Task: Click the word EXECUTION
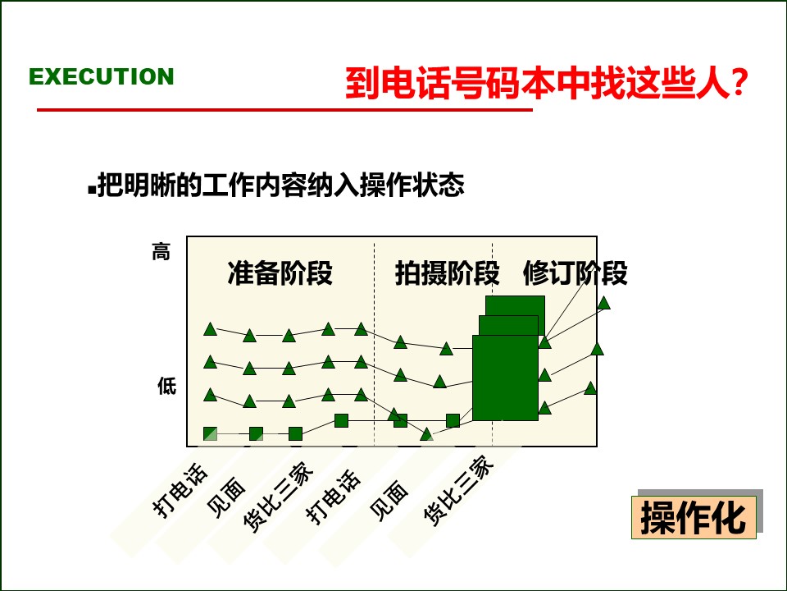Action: [x=102, y=76]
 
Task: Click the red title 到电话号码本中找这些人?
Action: [x=546, y=84]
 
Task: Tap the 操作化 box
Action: [x=694, y=518]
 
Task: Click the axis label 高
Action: [x=161, y=252]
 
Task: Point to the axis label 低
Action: [x=166, y=386]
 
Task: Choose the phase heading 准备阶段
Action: [x=280, y=273]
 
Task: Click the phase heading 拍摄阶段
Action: [x=447, y=273]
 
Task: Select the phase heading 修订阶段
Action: [x=575, y=273]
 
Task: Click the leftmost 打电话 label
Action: [x=181, y=491]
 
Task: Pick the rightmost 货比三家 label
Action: [x=459, y=491]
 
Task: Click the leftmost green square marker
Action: [x=211, y=433]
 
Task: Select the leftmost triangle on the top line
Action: [x=211, y=329]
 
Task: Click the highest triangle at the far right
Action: [x=604, y=303]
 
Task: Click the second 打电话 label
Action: [x=334, y=496]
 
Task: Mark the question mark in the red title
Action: [x=739, y=84]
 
